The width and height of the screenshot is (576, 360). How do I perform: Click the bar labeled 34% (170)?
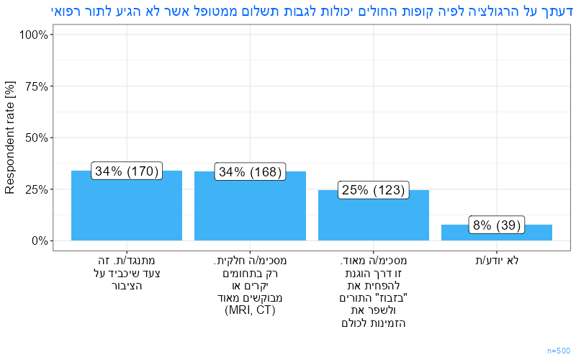tap(127, 209)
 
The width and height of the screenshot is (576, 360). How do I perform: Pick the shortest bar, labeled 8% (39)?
tap(497, 234)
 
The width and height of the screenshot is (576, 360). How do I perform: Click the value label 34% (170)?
tap(127, 171)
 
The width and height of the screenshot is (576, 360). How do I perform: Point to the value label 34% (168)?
tap(250, 172)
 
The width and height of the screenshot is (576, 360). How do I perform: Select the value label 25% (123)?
tap(374, 190)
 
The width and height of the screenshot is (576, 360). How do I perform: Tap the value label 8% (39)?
tap(497, 225)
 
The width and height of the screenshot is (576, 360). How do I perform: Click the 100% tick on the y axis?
tap(35, 35)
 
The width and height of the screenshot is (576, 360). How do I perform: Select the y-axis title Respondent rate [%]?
tap(10, 138)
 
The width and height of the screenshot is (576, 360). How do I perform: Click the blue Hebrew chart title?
tap(312, 11)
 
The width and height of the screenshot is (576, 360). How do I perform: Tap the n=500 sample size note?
tap(558, 350)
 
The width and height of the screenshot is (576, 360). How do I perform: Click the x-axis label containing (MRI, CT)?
tap(250, 285)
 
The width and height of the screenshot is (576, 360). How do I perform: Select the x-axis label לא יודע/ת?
tap(497, 261)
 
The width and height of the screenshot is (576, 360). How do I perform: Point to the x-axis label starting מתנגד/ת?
tap(127, 273)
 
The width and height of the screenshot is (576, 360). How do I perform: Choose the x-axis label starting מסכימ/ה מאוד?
tap(374, 292)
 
